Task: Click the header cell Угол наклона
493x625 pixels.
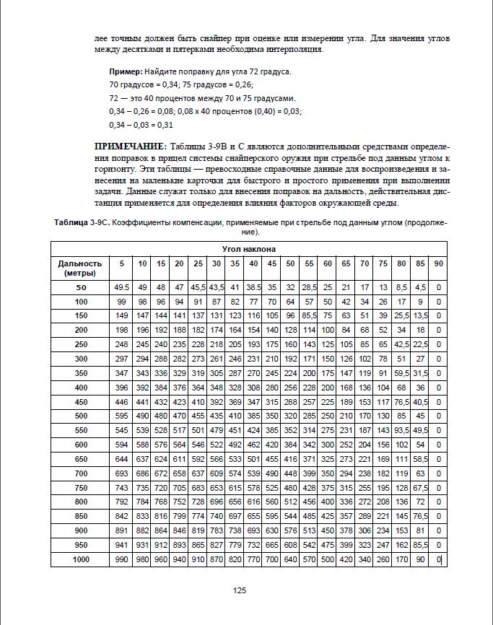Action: (x=249, y=248)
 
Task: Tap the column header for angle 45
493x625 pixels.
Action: (x=271, y=263)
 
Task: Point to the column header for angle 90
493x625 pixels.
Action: (x=437, y=263)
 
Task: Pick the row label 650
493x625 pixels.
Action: (x=80, y=459)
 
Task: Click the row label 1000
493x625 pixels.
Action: (x=80, y=560)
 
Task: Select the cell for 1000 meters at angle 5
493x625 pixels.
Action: (x=121, y=560)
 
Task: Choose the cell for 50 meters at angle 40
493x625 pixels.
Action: (x=253, y=287)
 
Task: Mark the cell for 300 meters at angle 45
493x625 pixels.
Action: (x=271, y=359)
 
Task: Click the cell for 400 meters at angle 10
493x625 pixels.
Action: (x=142, y=388)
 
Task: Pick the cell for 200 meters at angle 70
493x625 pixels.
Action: (x=365, y=330)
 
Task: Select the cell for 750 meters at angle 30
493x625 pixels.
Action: (x=216, y=488)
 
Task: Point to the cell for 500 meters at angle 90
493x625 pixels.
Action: (x=437, y=416)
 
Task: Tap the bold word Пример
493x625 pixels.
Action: (x=126, y=72)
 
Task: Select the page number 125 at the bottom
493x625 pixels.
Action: (x=240, y=590)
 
